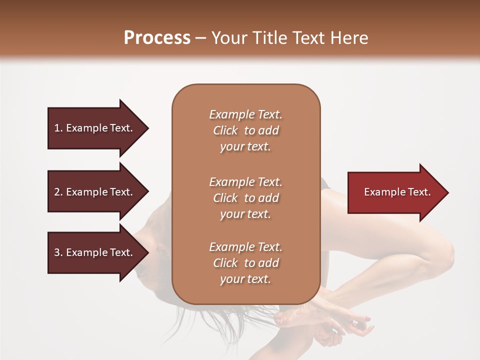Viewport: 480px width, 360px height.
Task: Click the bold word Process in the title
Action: pyautogui.click(x=157, y=38)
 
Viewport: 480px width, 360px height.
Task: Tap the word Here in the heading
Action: pyautogui.click(x=349, y=38)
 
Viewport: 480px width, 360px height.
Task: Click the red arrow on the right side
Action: pyautogui.click(x=395, y=192)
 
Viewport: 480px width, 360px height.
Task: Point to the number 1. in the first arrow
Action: pyautogui.click(x=58, y=128)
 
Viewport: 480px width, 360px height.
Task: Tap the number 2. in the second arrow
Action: pyautogui.click(x=58, y=192)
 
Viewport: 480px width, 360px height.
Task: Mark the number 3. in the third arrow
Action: pyautogui.click(x=58, y=252)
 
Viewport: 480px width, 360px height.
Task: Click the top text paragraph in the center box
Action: pyautogui.click(x=245, y=130)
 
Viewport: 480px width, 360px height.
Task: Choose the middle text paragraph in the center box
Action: pyautogui.click(x=245, y=198)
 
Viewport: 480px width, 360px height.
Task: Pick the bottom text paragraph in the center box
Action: pyautogui.click(x=245, y=263)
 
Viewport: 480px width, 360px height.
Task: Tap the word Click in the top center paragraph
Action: pyautogui.click(x=225, y=130)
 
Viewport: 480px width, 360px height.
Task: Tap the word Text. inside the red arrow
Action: pyautogui.click(x=418, y=192)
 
